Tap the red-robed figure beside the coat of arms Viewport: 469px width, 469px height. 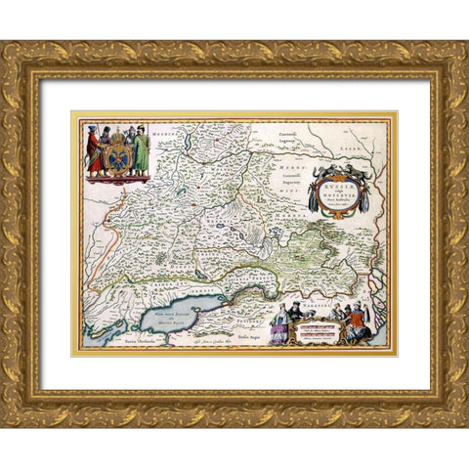[x=95, y=152]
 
